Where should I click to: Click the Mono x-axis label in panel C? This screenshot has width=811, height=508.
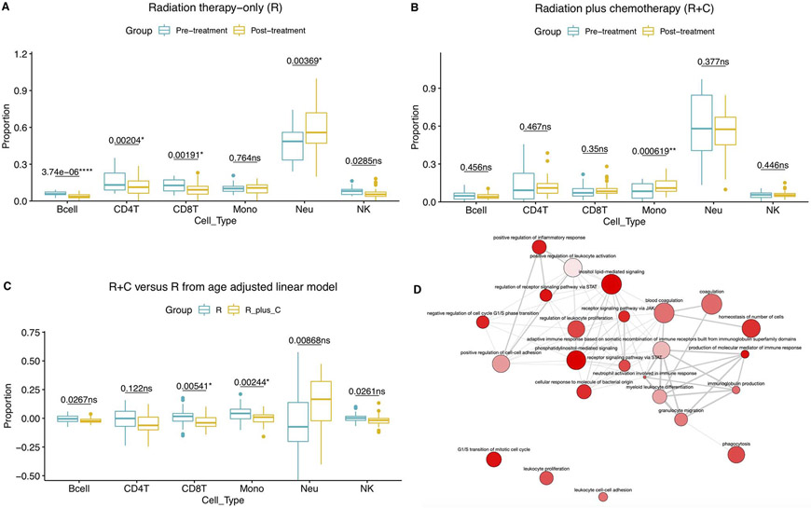coord(243,490)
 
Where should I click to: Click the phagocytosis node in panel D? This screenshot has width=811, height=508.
coord(736,455)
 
